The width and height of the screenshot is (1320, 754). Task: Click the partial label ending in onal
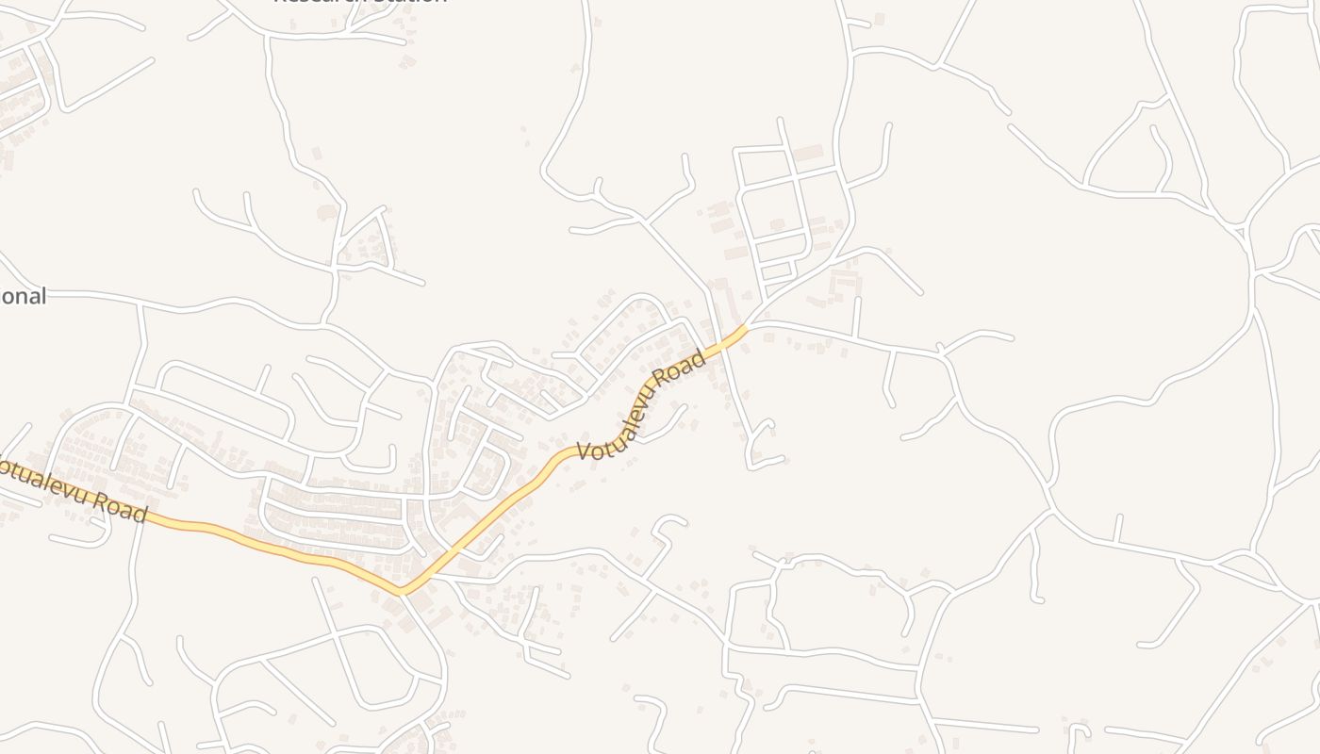pos(23,297)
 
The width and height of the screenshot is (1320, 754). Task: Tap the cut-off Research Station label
pos(359,2)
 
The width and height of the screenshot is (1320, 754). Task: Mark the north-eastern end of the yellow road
pos(745,328)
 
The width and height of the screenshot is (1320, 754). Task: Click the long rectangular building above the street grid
pos(808,152)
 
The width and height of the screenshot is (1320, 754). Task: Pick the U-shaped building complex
pos(845,281)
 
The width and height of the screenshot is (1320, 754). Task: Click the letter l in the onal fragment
pos(41,296)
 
